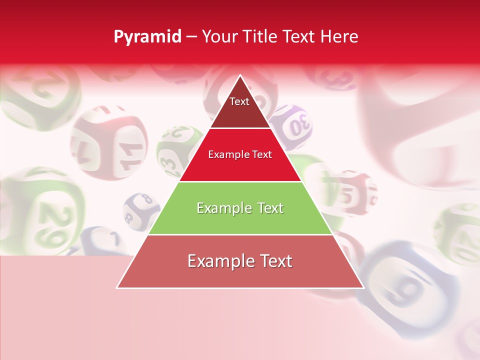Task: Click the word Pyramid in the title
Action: point(147,37)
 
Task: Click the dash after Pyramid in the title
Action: point(191,37)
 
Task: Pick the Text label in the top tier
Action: point(239,101)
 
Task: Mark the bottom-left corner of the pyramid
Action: point(117,287)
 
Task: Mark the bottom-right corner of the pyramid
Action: point(363,287)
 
